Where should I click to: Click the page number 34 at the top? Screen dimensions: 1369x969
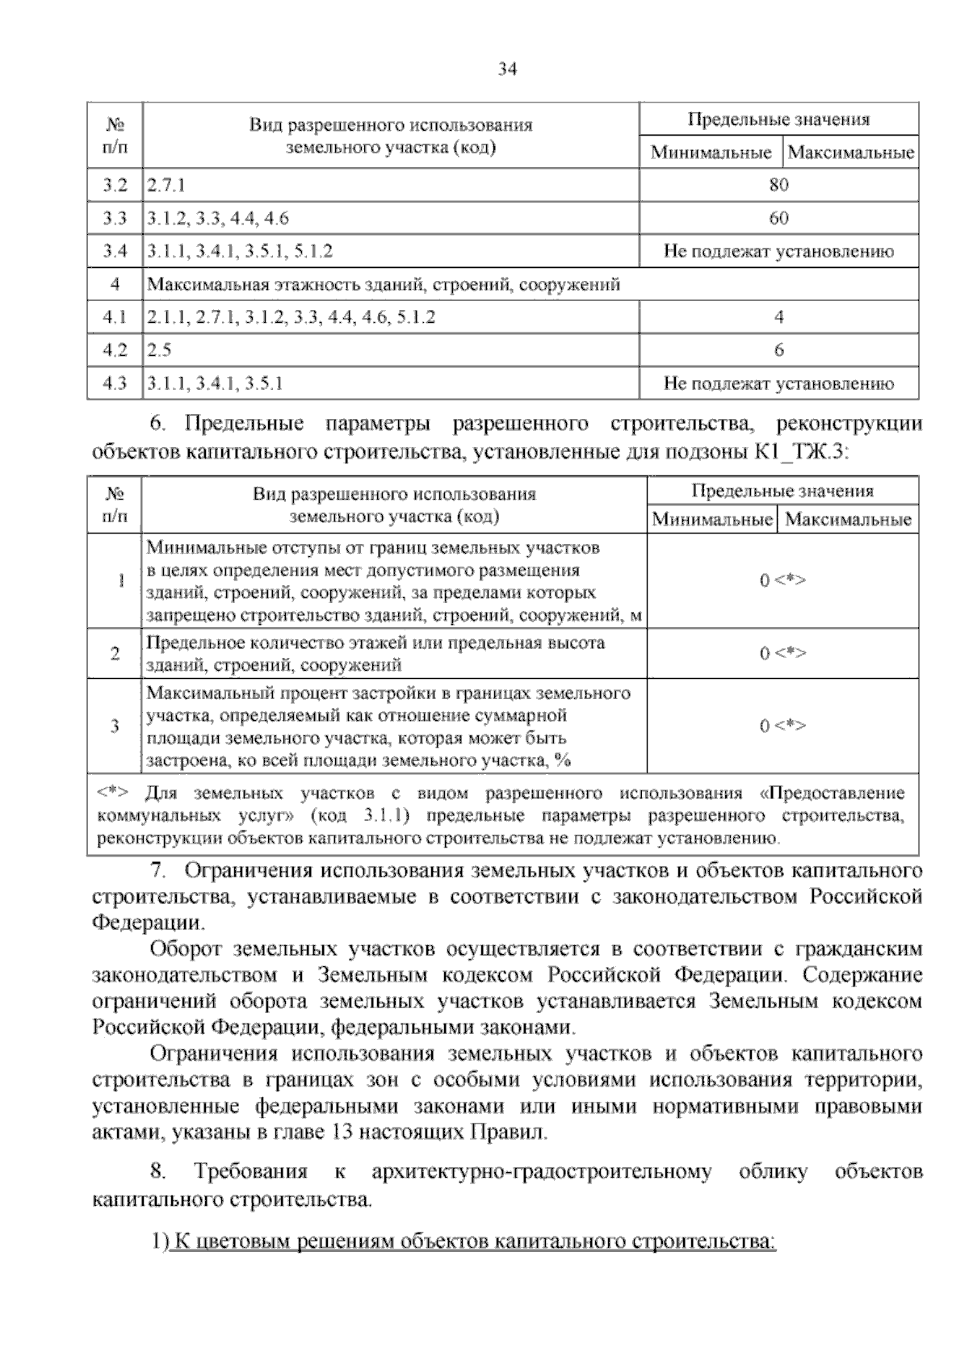click(x=506, y=69)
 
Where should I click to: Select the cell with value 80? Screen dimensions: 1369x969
click(x=778, y=185)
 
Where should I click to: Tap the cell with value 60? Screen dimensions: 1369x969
click(x=778, y=218)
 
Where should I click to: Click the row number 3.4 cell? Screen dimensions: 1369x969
click(x=115, y=251)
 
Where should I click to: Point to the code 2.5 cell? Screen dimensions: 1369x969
click(x=159, y=350)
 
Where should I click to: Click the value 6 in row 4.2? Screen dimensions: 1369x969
click(x=778, y=350)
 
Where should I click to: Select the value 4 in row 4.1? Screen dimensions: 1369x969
click(x=778, y=317)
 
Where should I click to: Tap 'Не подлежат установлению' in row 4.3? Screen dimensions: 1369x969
click(x=778, y=383)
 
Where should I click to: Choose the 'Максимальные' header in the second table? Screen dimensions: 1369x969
click(x=848, y=519)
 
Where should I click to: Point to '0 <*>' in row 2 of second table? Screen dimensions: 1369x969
click(x=782, y=653)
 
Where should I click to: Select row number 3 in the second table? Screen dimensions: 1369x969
click(x=115, y=726)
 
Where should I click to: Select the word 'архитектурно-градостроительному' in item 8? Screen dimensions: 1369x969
click(x=542, y=1172)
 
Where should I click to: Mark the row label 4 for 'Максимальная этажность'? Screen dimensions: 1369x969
click(x=115, y=284)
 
